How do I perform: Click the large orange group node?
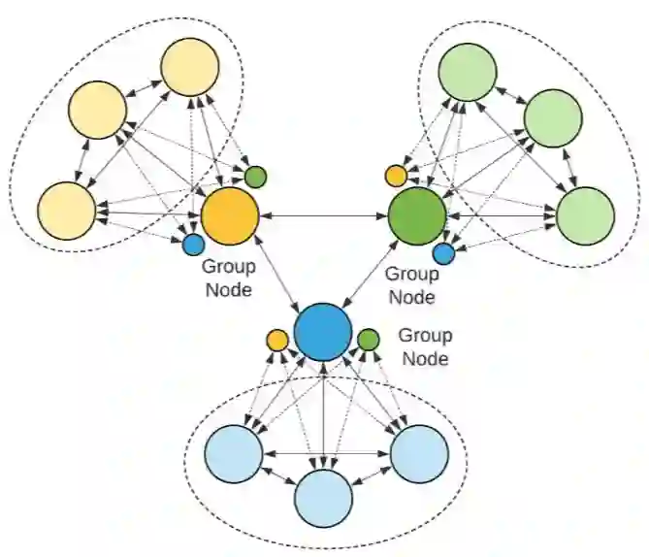click(x=229, y=214)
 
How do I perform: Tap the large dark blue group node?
click(x=323, y=331)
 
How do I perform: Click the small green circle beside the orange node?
click(x=255, y=177)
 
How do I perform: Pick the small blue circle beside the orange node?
click(x=193, y=245)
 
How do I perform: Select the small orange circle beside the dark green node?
click(x=395, y=176)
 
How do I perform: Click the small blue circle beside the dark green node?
click(x=443, y=253)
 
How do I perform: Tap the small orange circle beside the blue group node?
click(x=276, y=340)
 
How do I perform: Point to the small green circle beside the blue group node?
click(x=368, y=340)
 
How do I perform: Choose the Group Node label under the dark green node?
click(x=411, y=285)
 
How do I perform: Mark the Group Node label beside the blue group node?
click(x=425, y=346)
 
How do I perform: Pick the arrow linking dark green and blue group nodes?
click(x=371, y=272)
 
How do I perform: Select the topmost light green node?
click(x=468, y=71)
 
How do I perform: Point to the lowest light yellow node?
click(x=66, y=209)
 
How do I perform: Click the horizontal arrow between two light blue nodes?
click(x=326, y=452)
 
